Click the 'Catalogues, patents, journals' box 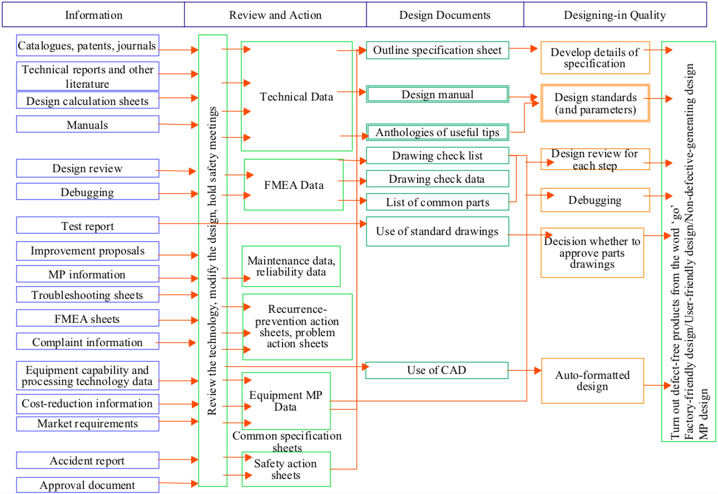(87, 46)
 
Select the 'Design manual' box (437, 94)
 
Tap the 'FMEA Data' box (294, 184)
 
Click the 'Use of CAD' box (437, 370)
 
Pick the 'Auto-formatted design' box (592, 381)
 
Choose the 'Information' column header (93, 15)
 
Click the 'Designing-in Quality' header (615, 15)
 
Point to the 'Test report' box (87, 226)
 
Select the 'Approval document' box (87, 485)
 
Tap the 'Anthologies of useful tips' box (437, 132)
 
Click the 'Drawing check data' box (437, 179)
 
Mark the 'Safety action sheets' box (286, 470)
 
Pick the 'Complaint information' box (87, 342)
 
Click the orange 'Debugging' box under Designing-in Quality (595, 200)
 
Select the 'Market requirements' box (87, 423)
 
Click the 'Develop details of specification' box (595, 58)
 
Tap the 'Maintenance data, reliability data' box (291, 266)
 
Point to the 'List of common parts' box (437, 202)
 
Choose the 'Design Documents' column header (444, 15)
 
